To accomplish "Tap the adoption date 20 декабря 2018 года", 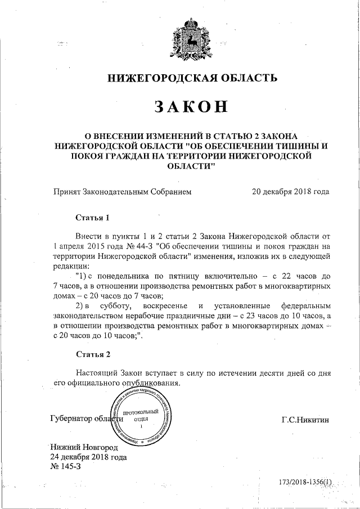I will click(x=291, y=191).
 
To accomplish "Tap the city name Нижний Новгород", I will click(x=84, y=448).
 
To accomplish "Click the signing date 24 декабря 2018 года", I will click(x=88, y=457).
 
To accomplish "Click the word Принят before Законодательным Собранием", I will click(x=66, y=191).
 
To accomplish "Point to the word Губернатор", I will click(x=72, y=419).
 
